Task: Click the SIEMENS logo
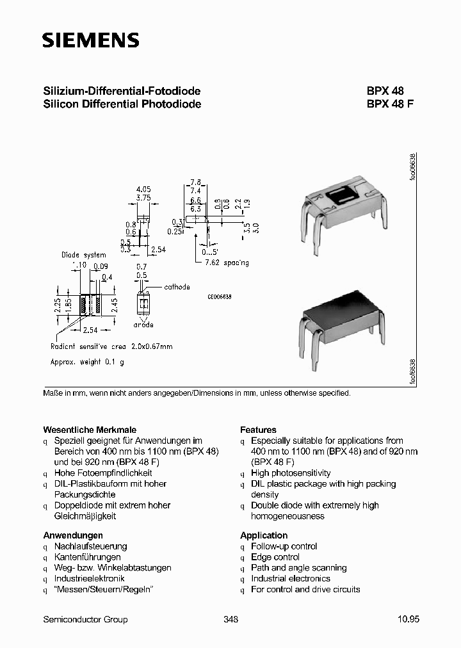(90, 41)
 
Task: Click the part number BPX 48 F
(390, 104)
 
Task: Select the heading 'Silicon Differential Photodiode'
(122, 104)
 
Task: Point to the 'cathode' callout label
(177, 288)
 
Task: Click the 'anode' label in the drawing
(143, 325)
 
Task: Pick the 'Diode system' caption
(83, 255)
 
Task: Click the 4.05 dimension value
(143, 190)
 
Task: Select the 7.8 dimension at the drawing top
(197, 182)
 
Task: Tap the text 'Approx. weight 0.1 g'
(88, 362)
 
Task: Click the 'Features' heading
(258, 430)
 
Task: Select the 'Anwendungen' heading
(73, 535)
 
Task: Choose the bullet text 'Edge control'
(275, 557)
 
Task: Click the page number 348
(231, 619)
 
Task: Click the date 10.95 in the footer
(408, 619)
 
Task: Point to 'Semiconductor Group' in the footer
(85, 619)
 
